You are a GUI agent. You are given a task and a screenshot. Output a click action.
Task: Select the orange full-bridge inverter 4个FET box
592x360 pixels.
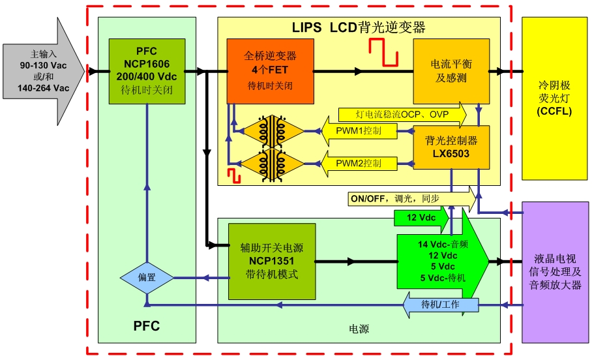[x=269, y=70]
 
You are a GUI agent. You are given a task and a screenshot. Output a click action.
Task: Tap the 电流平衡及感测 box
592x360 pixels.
[x=451, y=70]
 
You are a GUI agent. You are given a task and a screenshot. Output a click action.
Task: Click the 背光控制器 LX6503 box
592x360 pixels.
[x=451, y=146]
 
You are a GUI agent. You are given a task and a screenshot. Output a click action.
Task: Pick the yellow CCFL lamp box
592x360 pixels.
[x=554, y=98]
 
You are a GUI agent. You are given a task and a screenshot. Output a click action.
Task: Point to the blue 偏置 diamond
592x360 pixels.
[x=147, y=277]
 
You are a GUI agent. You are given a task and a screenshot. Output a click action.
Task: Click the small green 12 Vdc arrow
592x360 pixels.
[x=421, y=217]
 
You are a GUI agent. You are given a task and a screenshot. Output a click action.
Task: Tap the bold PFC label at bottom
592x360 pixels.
[x=147, y=324]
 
